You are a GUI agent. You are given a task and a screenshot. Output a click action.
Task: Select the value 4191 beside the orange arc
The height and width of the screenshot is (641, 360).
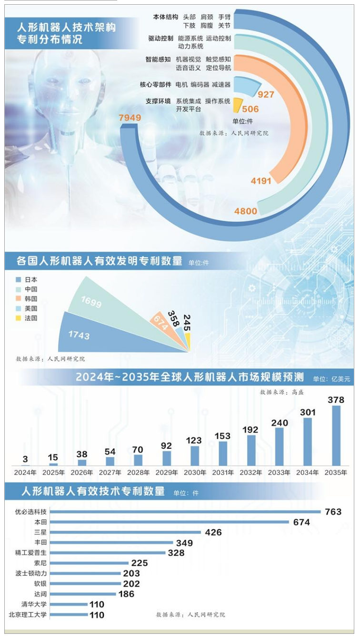pos(261,180)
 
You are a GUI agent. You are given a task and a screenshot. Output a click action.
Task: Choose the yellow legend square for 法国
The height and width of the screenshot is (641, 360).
pos(18,318)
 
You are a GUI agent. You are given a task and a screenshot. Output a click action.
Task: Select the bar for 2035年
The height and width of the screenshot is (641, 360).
pos(336,435)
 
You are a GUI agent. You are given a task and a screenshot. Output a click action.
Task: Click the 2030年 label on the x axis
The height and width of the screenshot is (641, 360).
pos(195,473)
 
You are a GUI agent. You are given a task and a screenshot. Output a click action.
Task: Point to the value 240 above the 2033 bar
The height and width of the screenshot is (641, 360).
pos(280,423)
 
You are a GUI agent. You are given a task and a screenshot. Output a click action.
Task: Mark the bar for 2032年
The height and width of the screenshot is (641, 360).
pos(251,450)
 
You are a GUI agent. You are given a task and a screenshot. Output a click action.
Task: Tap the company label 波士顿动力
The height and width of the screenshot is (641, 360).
pos(31,573)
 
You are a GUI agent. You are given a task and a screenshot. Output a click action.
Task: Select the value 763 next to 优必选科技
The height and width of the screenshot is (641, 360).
pos(333,512)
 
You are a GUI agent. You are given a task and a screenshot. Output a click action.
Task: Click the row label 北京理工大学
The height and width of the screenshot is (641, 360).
pos(28,615)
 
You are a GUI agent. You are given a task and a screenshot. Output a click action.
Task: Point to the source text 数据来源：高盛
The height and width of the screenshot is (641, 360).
pos(281,393)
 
